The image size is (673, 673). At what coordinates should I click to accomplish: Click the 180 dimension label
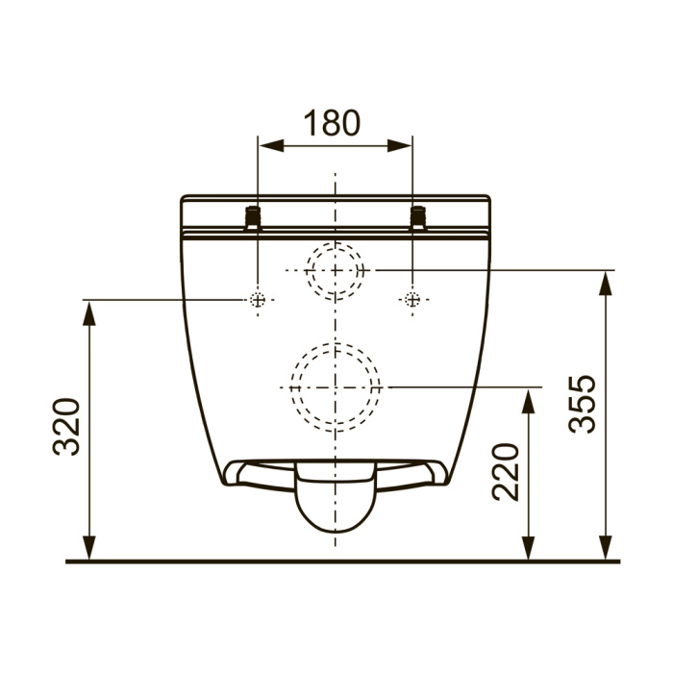pos(333,123)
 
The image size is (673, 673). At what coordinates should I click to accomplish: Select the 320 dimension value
pos(66,427)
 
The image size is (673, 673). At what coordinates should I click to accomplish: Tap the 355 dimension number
pos(582,404)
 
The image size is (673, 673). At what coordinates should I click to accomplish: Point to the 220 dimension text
pos(506,472)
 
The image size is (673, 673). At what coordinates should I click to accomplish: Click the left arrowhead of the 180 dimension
pos(271,146)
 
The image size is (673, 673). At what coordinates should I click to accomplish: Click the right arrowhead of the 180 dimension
pos(399,146)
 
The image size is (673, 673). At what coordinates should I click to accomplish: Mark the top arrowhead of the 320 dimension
pos(89,313)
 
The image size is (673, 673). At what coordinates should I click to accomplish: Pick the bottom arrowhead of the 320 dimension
pos(89,548)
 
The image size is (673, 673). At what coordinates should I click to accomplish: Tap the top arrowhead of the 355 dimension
pos(605,284)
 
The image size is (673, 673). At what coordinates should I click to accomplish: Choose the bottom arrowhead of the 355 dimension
pos(605,548)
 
